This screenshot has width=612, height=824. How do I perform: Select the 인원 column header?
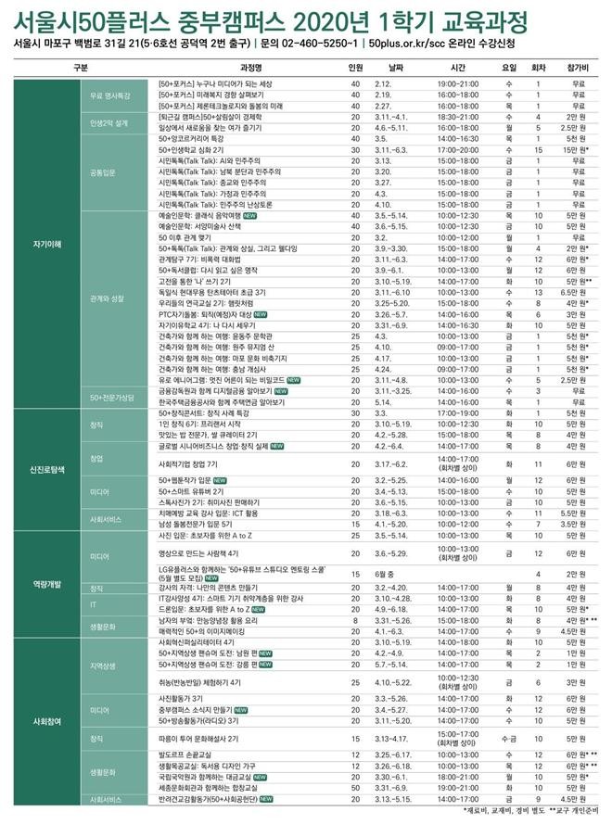[x=355, y=68]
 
